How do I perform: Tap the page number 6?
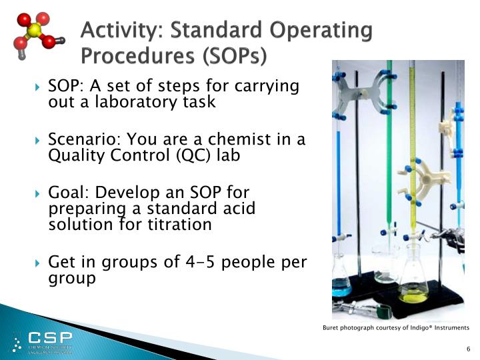click(468, 349)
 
